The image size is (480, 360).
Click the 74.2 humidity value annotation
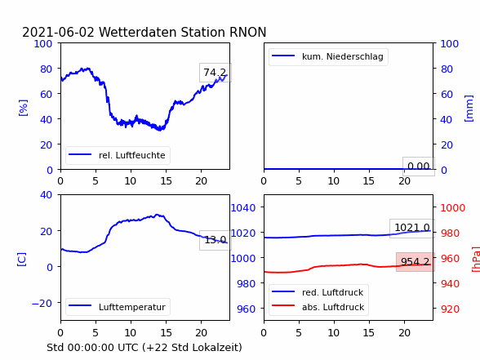[216, 73]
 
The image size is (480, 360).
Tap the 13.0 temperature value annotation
[216, 240]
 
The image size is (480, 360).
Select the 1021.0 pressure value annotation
[412, 228]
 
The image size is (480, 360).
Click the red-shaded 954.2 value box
[416, 262]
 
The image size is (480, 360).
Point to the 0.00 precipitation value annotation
[419, 167]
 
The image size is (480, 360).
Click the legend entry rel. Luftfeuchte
[118, 155]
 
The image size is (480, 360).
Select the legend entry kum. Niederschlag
[328, 56]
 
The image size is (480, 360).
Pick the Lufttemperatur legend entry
[118, 307]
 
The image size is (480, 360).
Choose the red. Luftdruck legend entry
[318, 292]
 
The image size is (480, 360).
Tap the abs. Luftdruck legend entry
[318, 307]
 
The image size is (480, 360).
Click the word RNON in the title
[247, 32]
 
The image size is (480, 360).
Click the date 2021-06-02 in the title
[59, 32]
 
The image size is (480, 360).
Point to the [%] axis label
[23, 108]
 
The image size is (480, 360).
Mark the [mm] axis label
[469, 109]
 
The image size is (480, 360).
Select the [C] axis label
[22, 260]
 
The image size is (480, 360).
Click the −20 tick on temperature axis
[42, 304]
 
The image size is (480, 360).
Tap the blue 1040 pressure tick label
[242, 208]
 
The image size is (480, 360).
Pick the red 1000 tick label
[453, 208]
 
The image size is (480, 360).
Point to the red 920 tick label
[450, 309]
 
